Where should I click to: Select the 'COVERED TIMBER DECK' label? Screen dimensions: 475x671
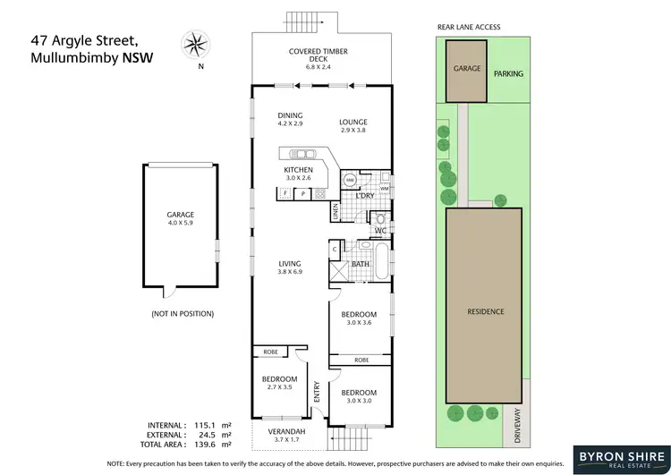pos(319,57)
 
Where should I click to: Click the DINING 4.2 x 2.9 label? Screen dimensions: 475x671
pos(290,120)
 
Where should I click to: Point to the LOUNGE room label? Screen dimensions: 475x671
pos(353,126)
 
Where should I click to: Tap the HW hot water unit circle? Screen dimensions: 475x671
pos(351,177)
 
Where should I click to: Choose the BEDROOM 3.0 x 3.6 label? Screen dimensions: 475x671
pos(359,318)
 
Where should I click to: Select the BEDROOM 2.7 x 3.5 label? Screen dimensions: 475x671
pos(279,383)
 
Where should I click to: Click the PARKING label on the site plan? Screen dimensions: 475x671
pos(508,74)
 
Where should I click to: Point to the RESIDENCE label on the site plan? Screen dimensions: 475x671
pos(486,311)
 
